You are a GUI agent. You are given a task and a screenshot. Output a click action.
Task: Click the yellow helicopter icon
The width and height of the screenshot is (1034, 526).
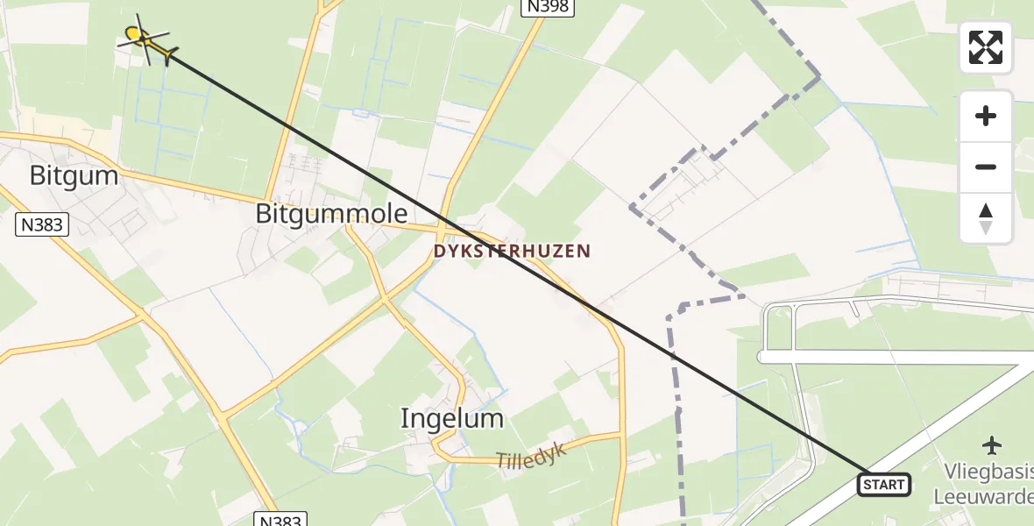[x=145, y=39]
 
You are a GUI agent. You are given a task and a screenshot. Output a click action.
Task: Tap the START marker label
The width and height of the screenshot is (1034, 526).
[x=883, y=485]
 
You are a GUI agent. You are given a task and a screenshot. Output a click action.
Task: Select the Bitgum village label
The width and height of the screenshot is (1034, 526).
[x=74, y=175]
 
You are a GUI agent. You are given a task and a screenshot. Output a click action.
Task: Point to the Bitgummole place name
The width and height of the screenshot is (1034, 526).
[x=331, y=213]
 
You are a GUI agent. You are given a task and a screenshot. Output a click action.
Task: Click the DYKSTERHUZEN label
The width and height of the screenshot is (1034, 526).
[x=512, y=252]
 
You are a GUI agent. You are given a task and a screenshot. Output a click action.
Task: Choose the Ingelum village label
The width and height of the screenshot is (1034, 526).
[x=452, y=418]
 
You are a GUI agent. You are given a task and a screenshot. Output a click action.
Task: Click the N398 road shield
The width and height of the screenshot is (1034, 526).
[x=548, y=7]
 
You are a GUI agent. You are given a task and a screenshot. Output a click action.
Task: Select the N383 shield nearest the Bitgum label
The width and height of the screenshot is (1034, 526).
[x=42, y=225]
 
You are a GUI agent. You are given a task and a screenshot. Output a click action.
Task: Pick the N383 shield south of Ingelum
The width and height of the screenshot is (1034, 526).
[x=281, y=520]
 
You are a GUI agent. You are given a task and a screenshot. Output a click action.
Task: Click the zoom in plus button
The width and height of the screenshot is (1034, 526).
[x=986, y=116]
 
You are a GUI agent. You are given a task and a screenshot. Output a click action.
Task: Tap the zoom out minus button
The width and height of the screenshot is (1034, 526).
[x=986, y=167]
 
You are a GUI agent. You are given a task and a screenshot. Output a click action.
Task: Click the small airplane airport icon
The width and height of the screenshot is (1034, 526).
[x=992, y=445]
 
